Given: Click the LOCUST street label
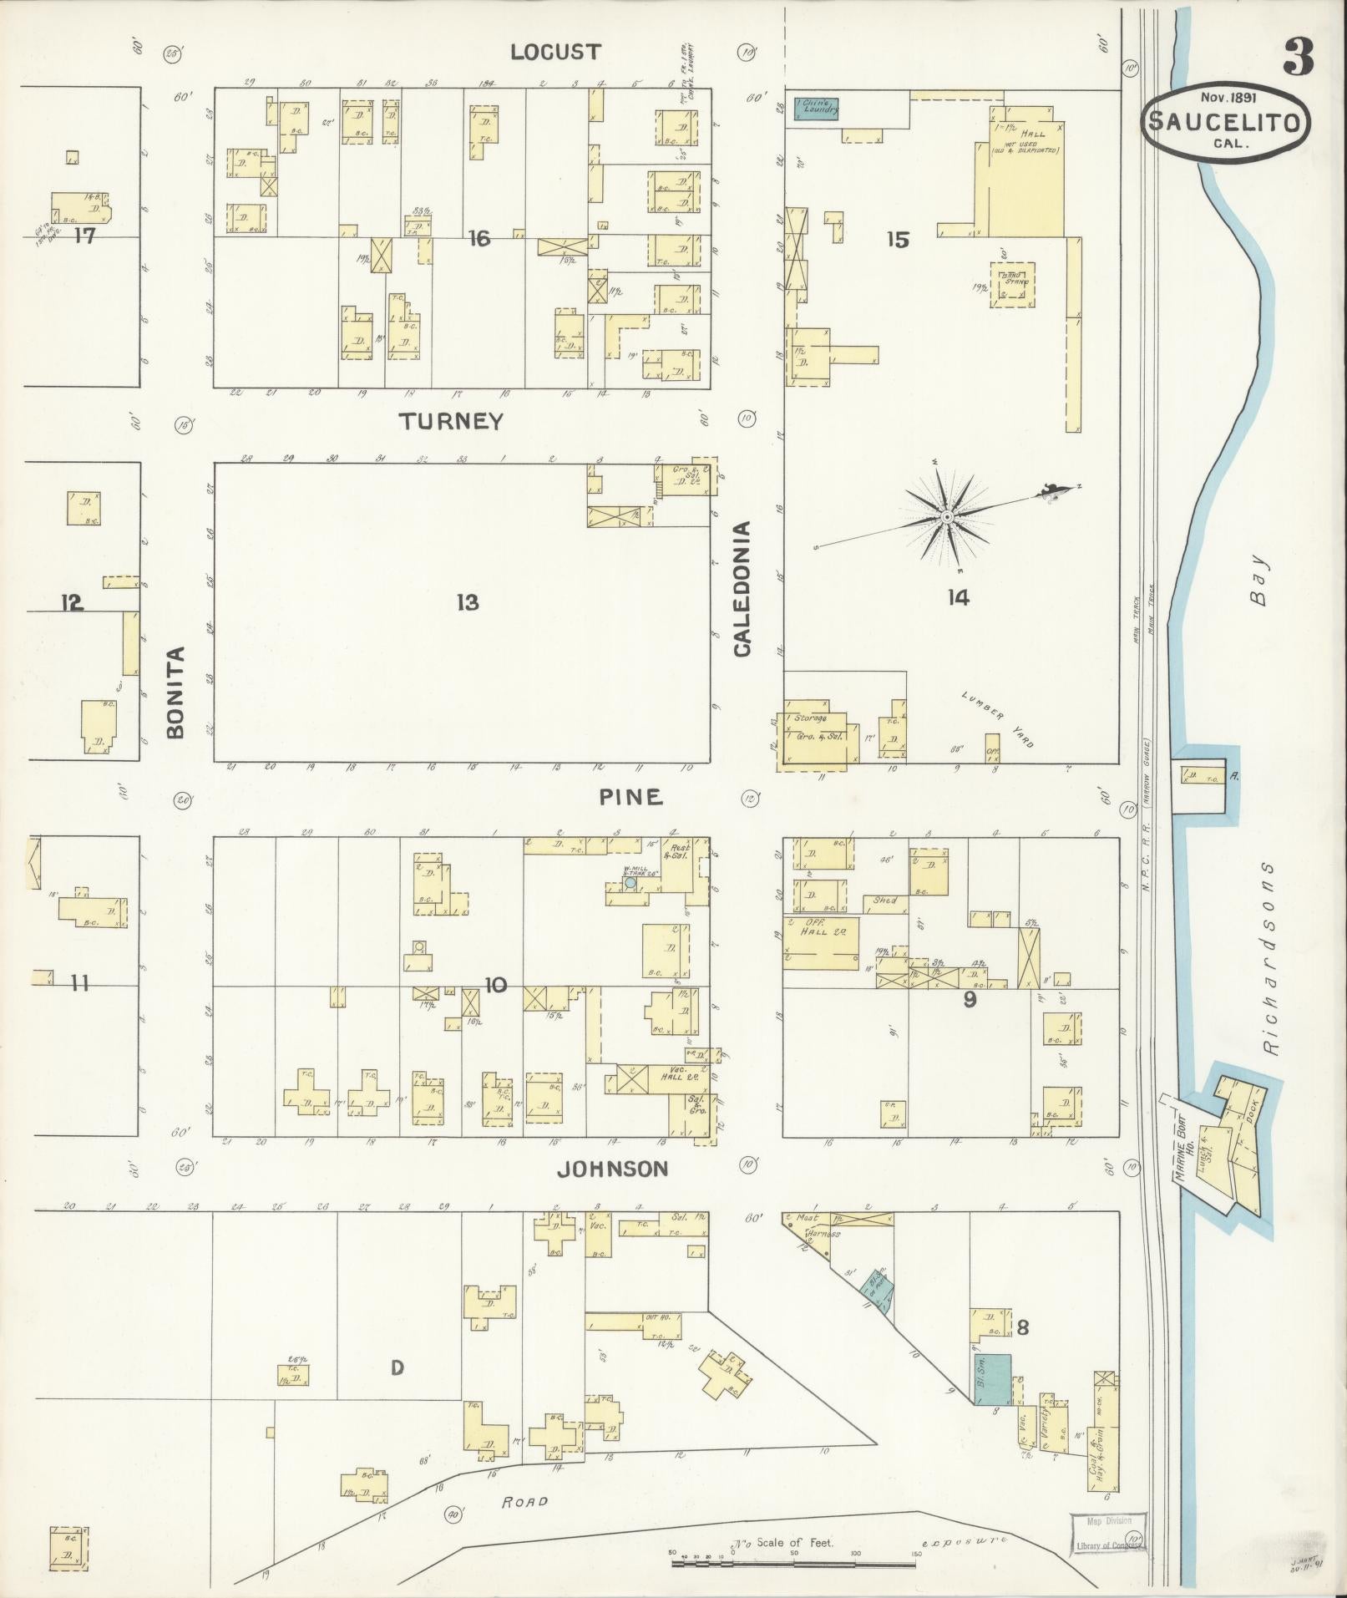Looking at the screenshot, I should pyautogui.click(x=555, y=52).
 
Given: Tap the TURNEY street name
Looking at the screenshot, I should pyautogui.click(x=451, y=421).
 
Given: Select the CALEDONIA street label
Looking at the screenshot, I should pyautogui.click(x=742, y=589).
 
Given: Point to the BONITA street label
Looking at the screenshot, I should pyautogui.click(x=175, y=692).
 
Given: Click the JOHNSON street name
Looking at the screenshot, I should pyautogui.click(x=612, y=1169).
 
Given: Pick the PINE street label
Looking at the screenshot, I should pyautogui.click(x=630, y=798).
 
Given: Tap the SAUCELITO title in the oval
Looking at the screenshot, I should pyautogui.click(x=1225, y=123).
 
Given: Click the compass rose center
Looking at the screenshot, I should pyautogui.click(x=946, y=518).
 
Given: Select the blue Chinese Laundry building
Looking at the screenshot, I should pyautogui.click(x=816, y=109).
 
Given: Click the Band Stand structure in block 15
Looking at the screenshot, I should pyautogui.click(x=1013, y=284).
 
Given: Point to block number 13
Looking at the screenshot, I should pyautogui.click(x=468, y=601).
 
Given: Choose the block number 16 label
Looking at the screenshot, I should pyautogui.click(x=479, y=240).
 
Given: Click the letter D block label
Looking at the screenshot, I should pyautogui.click(x=398, y=1367).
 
